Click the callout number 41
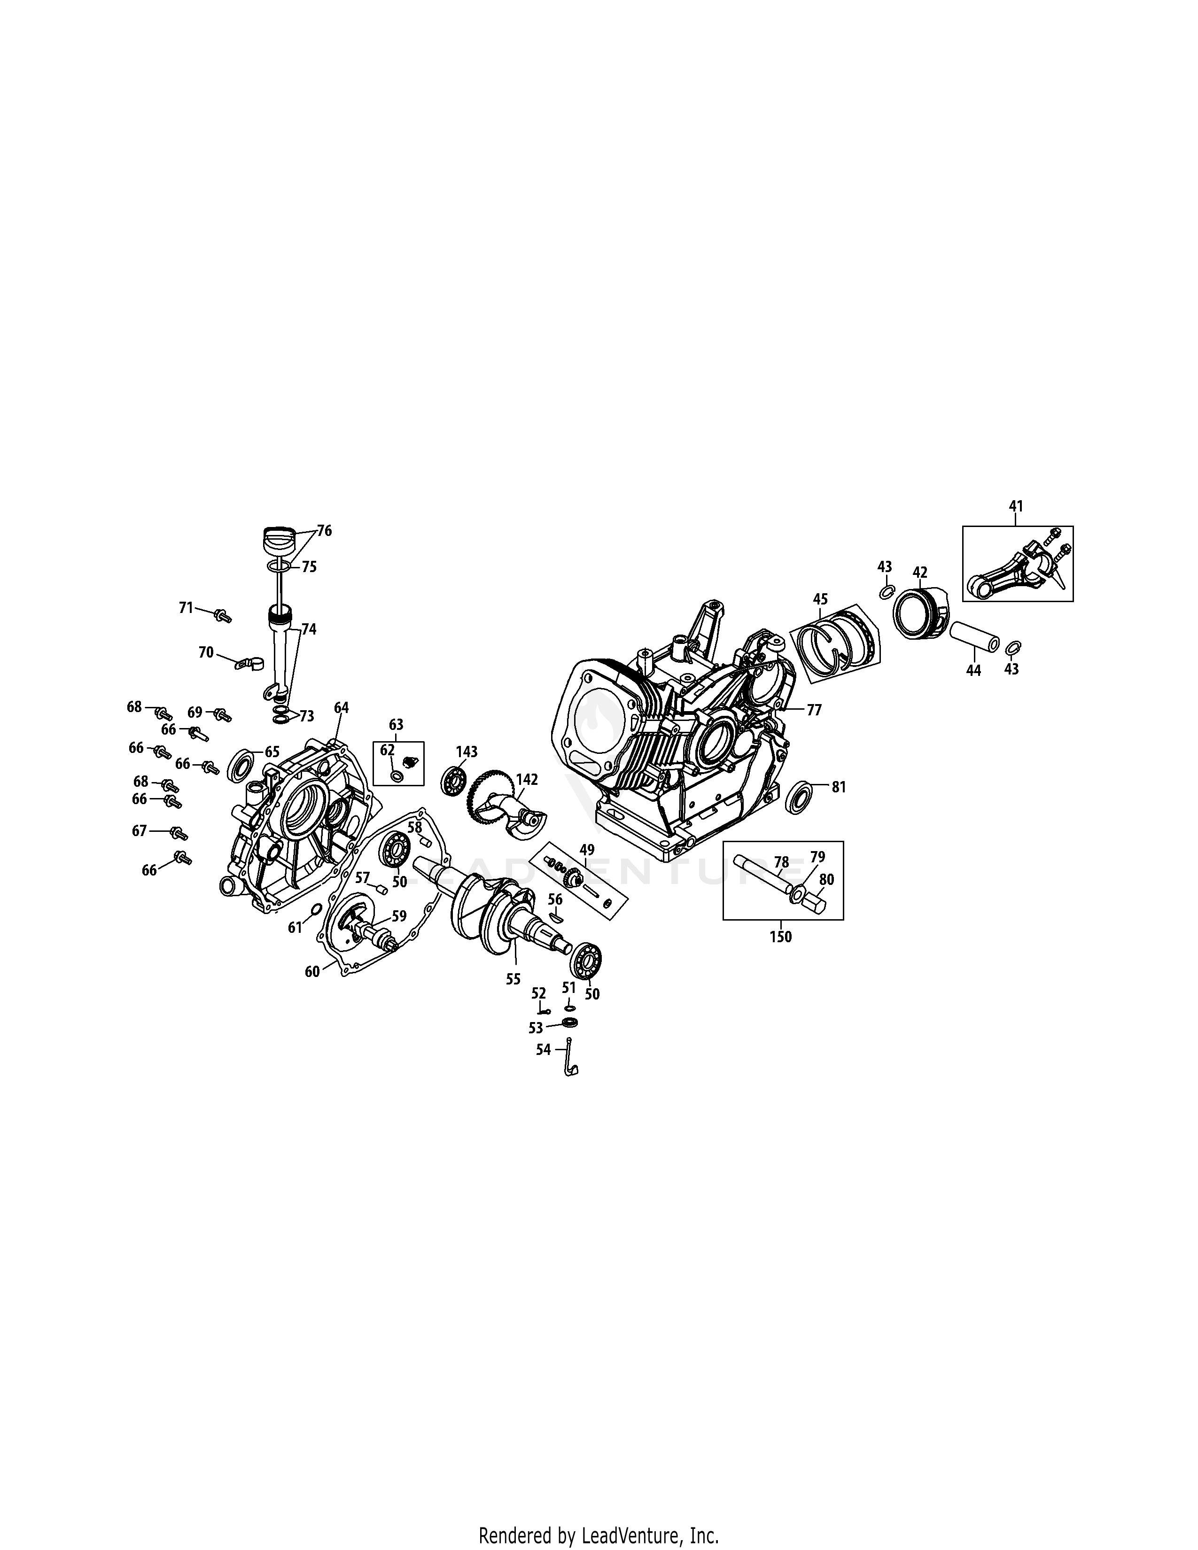(1016, 506)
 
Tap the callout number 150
(781, 936)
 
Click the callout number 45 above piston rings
(820, 599)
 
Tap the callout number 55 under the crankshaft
(513, 979)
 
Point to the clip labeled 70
(246, 664)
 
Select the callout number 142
(527, 779)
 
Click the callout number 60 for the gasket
(312, 972)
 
